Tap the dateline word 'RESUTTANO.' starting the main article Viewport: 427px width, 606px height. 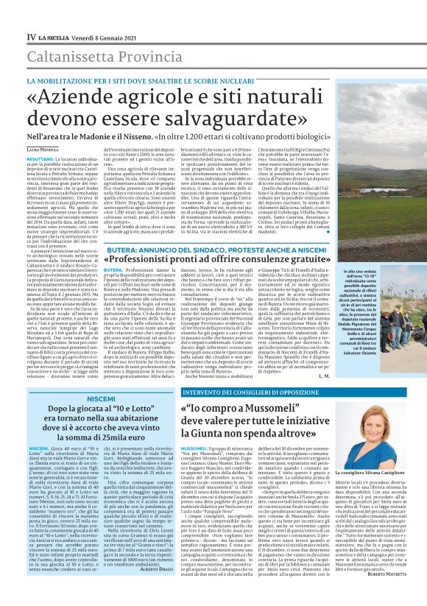click(40, 158)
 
